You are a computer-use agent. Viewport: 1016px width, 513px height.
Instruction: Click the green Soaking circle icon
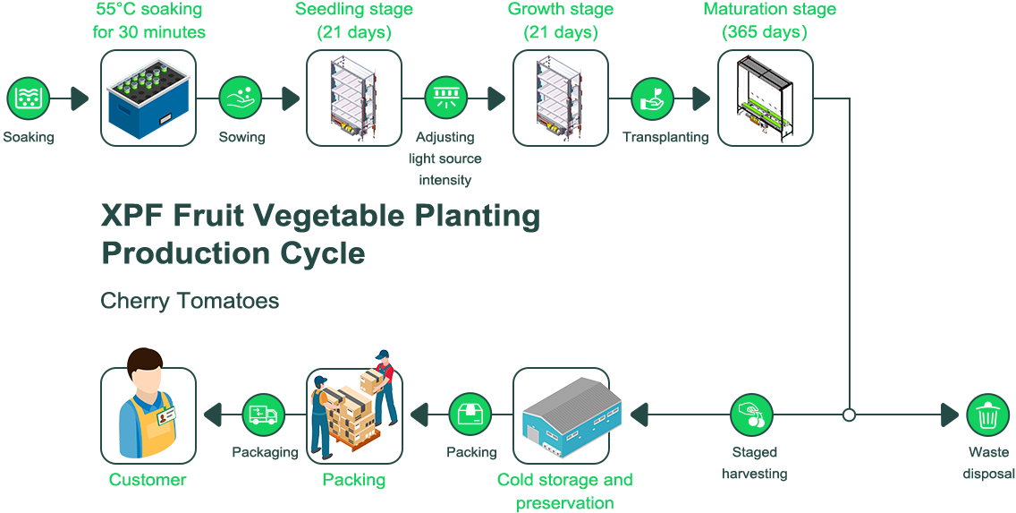tap(29, 98)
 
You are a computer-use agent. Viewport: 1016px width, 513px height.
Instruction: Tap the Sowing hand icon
tap(240, 98)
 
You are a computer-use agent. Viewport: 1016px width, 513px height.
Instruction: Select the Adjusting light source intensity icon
tap(445, 98)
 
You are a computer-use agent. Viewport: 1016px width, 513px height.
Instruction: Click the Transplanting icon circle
tap(653, 98)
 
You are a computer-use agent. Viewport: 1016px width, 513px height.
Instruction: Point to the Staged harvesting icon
tap(752, 414)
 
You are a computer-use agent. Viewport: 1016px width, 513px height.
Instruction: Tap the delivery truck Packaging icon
tap(265, 415)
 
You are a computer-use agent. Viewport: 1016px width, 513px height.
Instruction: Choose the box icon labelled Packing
tap(470, 415)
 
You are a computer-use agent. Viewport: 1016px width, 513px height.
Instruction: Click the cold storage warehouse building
tap(561, 415)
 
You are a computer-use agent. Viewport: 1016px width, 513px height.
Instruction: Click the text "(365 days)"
tap(765, 32)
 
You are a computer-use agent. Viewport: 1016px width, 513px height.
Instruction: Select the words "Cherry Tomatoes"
tap(190, 301)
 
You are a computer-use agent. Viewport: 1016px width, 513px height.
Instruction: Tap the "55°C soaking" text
tap(148, 11)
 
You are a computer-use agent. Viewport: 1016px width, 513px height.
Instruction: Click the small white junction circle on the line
tap(849, 415)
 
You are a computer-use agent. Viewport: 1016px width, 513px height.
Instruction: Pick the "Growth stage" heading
tap(561, 11)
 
